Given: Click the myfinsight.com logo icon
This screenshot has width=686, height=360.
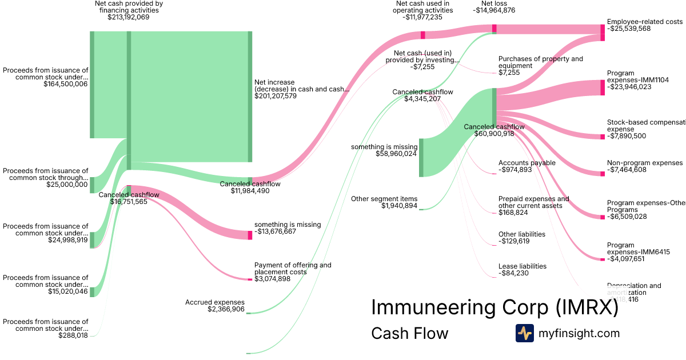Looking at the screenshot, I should (x=524, y=333).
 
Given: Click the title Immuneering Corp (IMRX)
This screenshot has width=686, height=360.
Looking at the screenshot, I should (x=494, y=307).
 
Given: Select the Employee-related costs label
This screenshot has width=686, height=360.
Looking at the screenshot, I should (x=644, y=22).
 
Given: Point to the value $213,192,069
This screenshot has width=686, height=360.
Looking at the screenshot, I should (x=128, y=17).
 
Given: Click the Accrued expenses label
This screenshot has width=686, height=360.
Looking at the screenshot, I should (x=215, y=302).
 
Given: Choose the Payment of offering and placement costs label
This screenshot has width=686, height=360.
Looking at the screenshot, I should (x=293, y=269).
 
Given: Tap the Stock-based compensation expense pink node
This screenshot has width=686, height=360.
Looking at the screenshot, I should (x=603, y=137).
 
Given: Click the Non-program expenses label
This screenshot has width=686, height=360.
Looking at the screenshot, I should (x=645, y=163).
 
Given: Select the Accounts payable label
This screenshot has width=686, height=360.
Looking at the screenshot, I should (x=527, y=163).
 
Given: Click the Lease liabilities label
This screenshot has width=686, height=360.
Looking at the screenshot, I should (x=523, y=266).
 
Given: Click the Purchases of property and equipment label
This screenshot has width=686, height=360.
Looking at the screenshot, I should (x=540, y=62).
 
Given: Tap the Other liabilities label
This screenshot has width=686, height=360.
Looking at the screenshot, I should (x=521, y=234).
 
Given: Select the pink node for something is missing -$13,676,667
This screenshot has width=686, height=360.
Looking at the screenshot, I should (x=250, y=235).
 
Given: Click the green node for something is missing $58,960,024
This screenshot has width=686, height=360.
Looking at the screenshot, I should (x=421, y=157).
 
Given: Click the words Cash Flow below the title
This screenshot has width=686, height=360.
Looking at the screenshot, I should (x=410, y=333).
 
